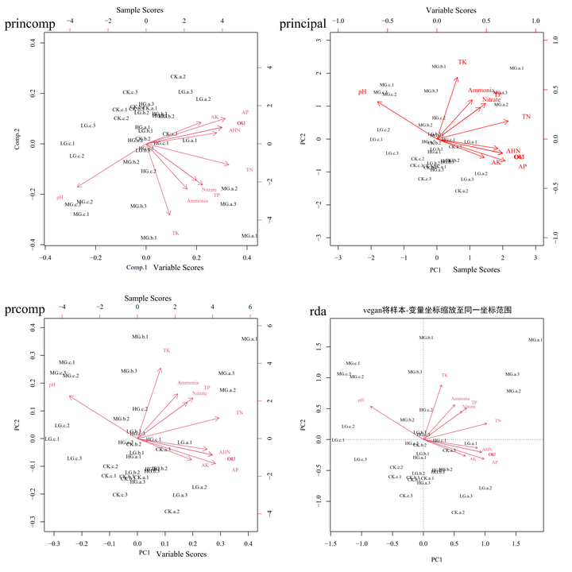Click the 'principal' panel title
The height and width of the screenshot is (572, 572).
click(303, 24)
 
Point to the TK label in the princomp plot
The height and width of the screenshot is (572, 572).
click(176, 233)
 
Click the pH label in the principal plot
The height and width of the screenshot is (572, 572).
click(362, 92)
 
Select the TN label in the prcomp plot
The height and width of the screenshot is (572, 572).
click(239, 413)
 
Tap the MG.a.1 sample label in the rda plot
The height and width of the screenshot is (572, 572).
click(535, 340)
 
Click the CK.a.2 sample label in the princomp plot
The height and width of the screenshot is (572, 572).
click(177, 76)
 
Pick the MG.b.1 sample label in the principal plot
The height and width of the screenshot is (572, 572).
click(439, 67)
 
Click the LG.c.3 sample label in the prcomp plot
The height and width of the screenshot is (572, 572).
click(75, 458)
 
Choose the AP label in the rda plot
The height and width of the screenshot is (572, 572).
click(494, 462)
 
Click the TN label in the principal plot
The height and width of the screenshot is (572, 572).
click(525, 118)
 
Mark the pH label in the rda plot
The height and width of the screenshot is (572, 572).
click(361, 401)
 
